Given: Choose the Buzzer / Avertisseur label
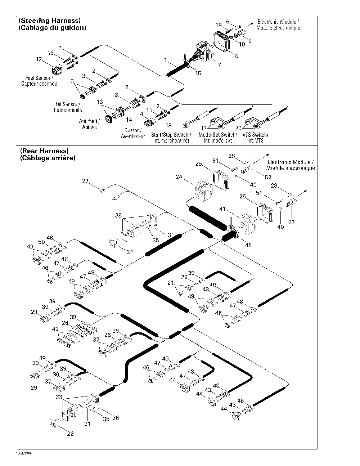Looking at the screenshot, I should pyautogui.click(x=132, y=133).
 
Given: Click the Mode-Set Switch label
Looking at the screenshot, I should pyautogui.click(x=218, y=138).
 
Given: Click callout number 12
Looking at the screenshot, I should pyautogui.click(x=39, y=59).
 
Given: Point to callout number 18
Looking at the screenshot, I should pyautogui.click(x=168, y=125).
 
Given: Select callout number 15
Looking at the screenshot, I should pyautogui.click(x=198, y=73).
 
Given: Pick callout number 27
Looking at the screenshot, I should pyautogui.click(x=85, y=182).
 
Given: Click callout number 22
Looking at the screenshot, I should pyautogui.click(x=71, y=434).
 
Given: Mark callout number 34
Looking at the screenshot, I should pyautogui.click(x=130, y=252).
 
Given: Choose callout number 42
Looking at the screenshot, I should pyautogui.click(x=55, y=329).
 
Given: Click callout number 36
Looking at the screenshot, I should pyautogui.click(x=115, y=418).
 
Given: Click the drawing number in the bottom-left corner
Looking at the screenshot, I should pyautogui.click(x=24, y=453).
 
